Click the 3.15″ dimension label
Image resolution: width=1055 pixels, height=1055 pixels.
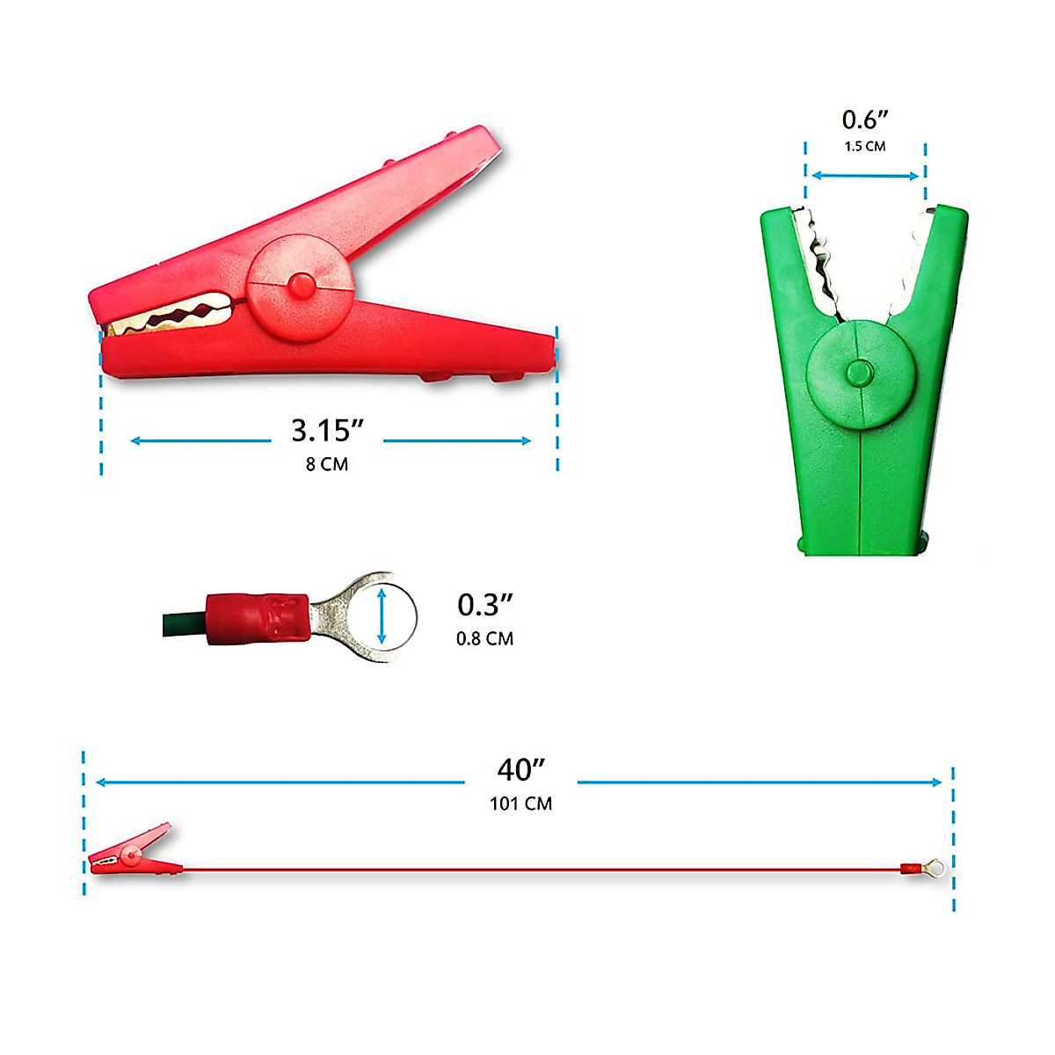(x=327, y=430)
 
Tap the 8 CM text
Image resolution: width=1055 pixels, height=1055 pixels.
(x=327, y=464)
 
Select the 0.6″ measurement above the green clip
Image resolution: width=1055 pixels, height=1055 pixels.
(x=865, y=120)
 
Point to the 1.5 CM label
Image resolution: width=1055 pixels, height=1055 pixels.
(x=865, y=146)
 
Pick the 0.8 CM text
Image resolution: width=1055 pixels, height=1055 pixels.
(x=485, y=638)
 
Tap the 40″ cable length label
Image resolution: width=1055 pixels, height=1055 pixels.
(x=521, y=770)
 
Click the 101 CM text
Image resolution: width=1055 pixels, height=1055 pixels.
(x=521, y=804)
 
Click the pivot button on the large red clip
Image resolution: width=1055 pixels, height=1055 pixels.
(x=302, y=287)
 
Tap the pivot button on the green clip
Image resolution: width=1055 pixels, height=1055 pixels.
(x=860, y=374)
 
